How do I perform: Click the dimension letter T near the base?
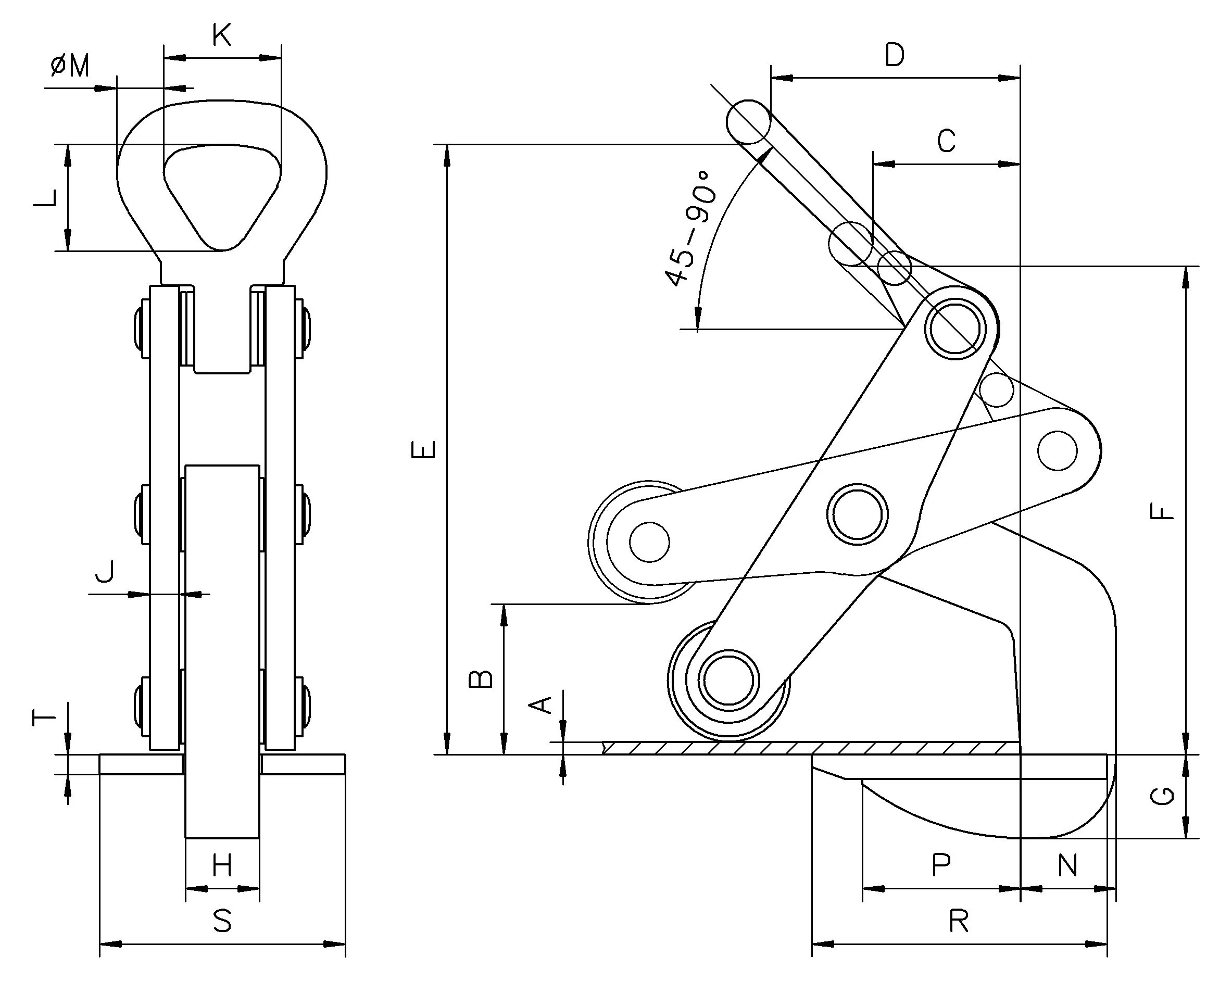pos(44,717)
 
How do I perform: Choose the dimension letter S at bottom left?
pos(222,921)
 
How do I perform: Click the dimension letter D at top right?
pos(894,56)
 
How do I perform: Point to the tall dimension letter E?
pos(424,449)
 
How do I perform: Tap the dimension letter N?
pos(1067,865)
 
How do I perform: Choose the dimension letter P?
pos(941,865)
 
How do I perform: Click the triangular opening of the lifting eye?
pos(222,192)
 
